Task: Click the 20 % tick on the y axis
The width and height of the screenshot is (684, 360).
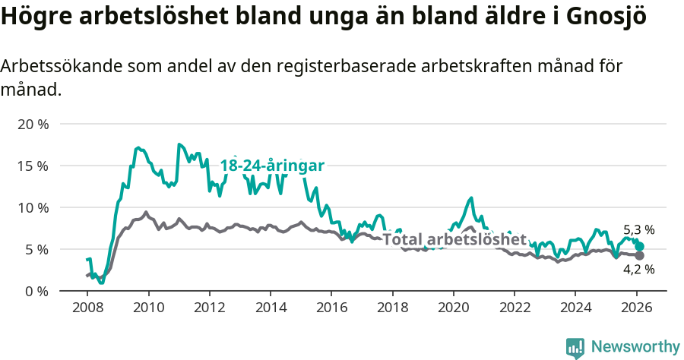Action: (x=32, y=124)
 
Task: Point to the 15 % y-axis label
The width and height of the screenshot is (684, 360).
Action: (x=32, y=166)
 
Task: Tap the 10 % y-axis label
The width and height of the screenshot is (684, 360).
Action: (x=32, y=207)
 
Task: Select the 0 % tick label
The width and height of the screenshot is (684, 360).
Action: (x=36, y=291)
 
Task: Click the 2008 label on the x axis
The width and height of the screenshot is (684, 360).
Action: (x=87, y=309)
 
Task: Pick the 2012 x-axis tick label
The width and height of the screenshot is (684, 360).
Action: (x=209, y=309)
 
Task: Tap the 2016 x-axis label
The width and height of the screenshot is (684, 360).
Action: (x=331, y=309)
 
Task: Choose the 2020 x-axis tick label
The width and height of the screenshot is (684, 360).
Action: (x=453, y=309)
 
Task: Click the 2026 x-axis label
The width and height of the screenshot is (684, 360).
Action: (x=636, y=309)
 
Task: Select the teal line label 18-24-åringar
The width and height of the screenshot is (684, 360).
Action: (x=272, y=166)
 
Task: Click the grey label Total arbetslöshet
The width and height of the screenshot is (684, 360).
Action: (x=454, y=240)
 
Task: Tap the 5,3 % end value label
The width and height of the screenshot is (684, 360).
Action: (x=638, y=229)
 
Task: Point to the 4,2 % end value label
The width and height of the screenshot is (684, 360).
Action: (x=638, y=269)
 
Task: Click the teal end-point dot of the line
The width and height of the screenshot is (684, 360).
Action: (x=640, y=246)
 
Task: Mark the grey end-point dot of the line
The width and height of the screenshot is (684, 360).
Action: (x=640, y=256)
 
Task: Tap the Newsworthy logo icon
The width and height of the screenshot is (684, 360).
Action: (x=575, y=348)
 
